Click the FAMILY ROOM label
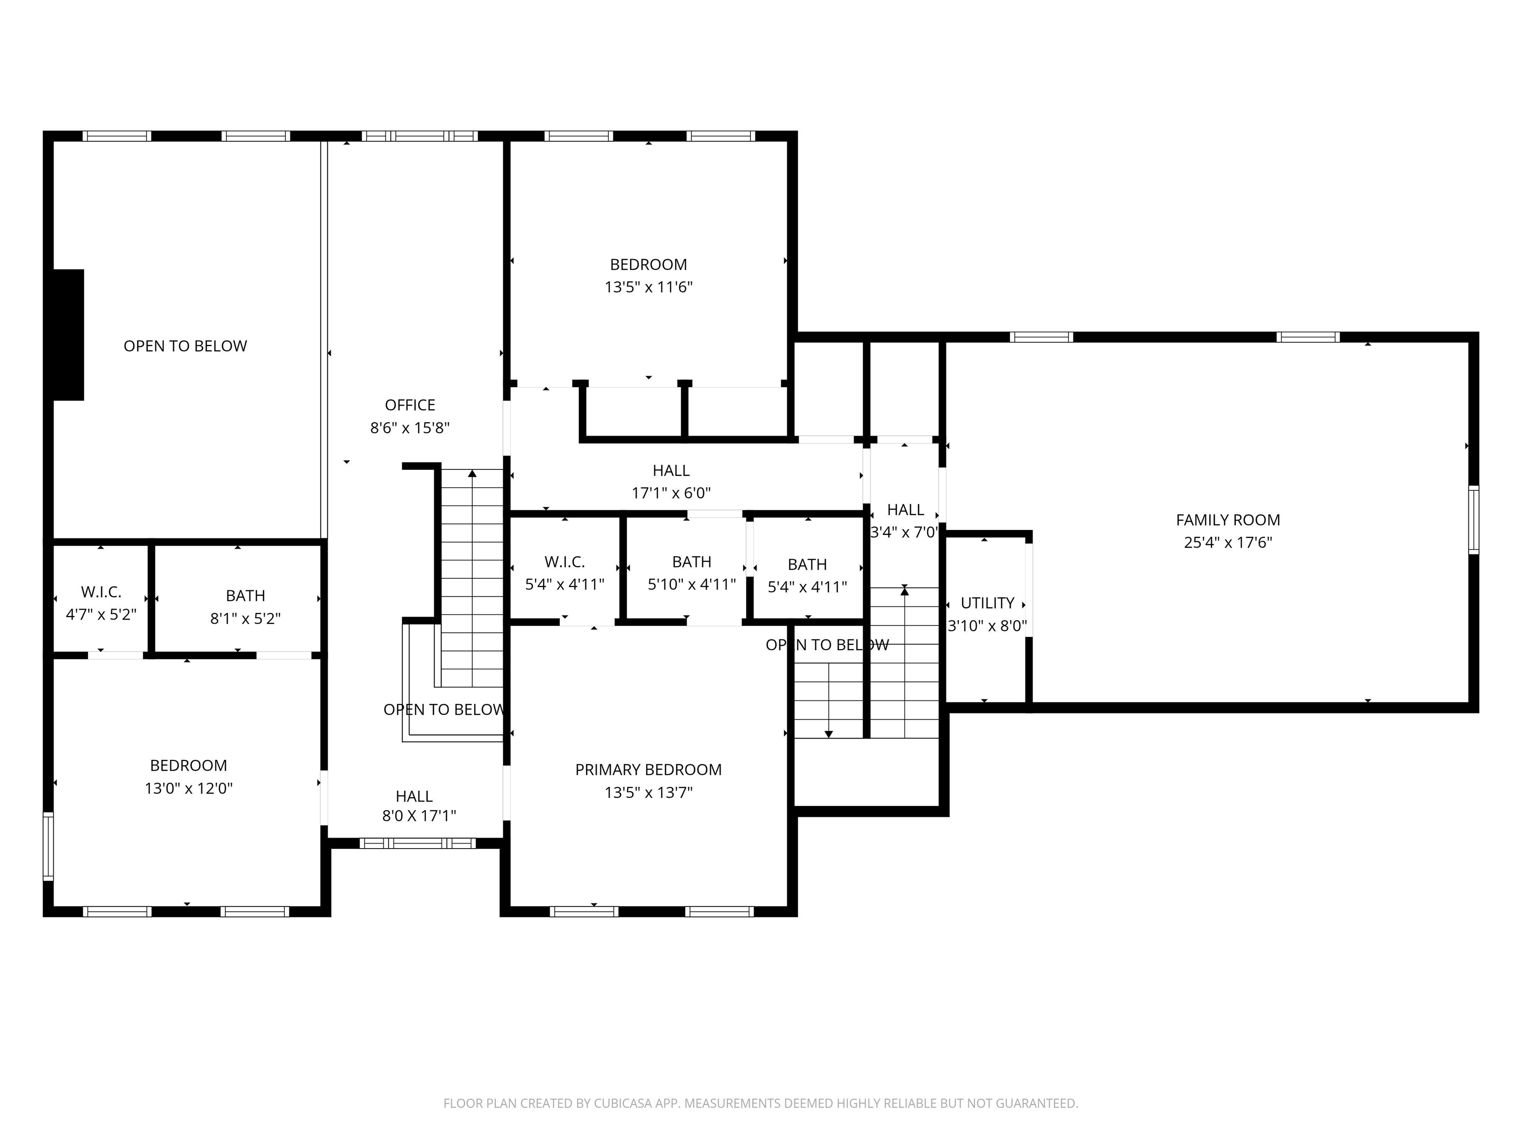coord(1228,520)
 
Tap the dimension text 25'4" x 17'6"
coord(1228,542)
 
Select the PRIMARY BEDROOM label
coord(648,770)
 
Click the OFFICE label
coord(410,405)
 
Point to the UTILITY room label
coord(987,603)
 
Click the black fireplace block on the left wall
coord(68,335)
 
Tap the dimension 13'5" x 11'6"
coord(648,287)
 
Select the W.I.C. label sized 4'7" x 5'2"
coord(101,592)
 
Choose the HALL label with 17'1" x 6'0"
coord(671,471)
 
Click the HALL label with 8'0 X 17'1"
coord(414,797)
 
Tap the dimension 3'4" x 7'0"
coord(904,532)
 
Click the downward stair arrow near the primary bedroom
coord(828,734)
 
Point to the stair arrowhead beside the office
coord(472,473)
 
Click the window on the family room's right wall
coord(1473,520)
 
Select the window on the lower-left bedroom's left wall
coord(48,846)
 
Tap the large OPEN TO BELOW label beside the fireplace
coord(185,346)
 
